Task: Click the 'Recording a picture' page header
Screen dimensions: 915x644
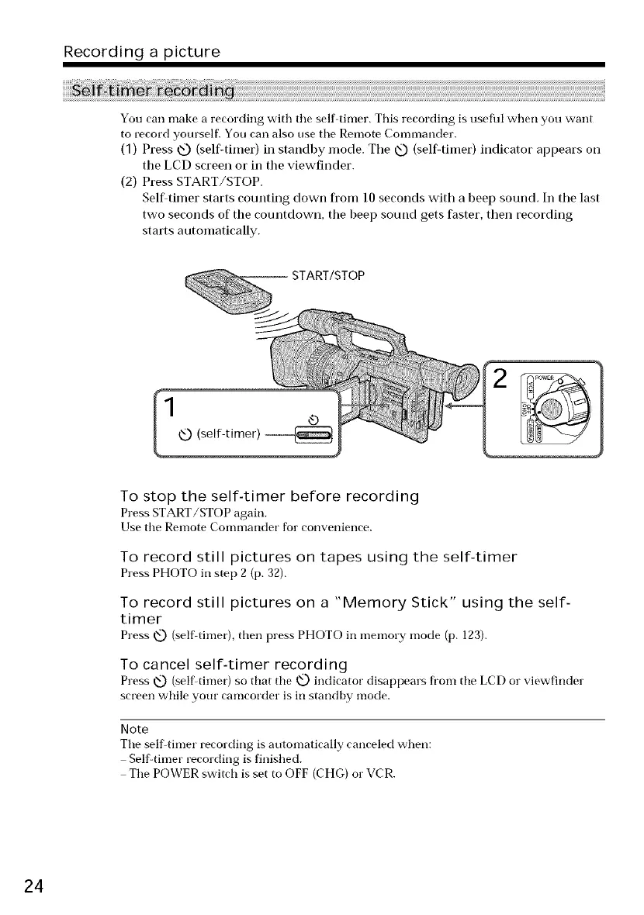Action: (x=142, y=52)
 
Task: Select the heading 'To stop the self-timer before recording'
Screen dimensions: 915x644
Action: (x=270, y=495)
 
